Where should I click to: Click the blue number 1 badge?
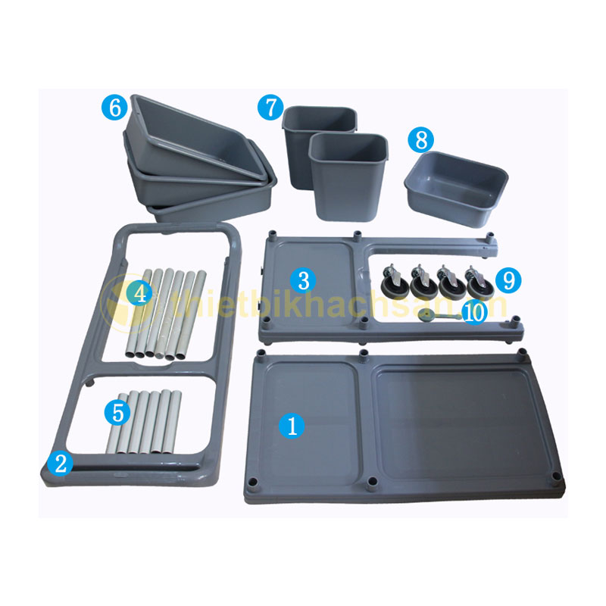tap(292, 426)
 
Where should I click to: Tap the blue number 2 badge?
tap(61, 464)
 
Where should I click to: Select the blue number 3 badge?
tap(304, 280)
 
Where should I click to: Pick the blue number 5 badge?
tap(118, 413)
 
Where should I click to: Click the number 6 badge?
tap(115, 107)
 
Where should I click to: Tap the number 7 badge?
tap(270, 107)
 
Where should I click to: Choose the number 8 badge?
tap(421, 140)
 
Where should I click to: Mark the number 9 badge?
tap(508, 280)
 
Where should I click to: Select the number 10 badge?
tap(475, 312)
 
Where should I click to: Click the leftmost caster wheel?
tap(394, 283)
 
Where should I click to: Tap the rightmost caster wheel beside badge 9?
tap(479, 283)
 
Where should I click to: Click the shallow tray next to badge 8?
tap(456, 187)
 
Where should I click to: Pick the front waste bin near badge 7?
tap(348, 177)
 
